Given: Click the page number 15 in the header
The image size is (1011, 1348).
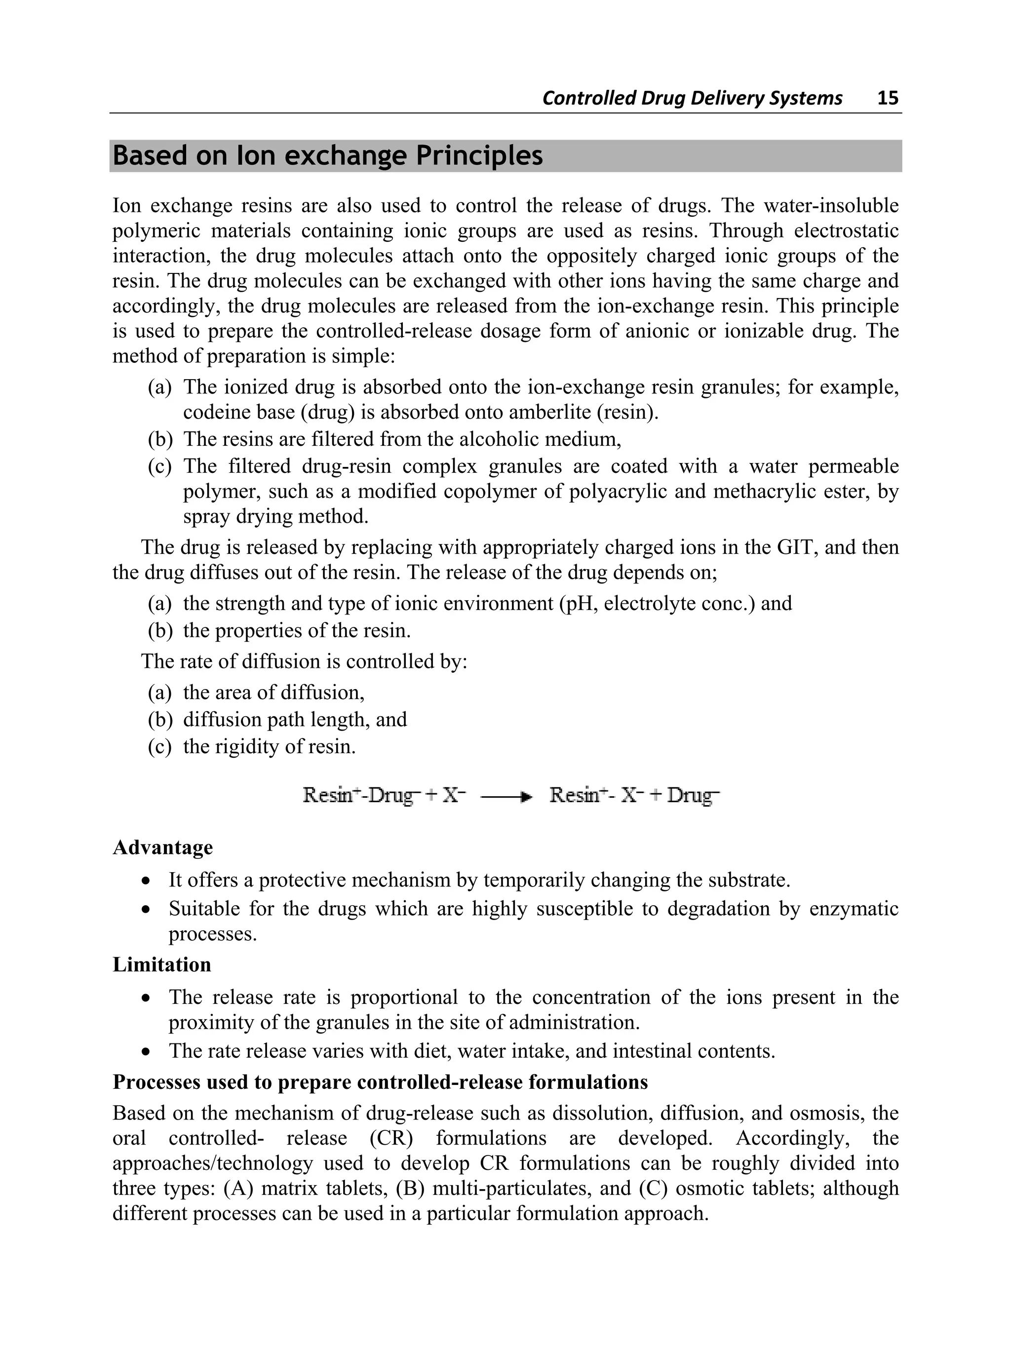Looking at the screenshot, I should (x=887, y=98).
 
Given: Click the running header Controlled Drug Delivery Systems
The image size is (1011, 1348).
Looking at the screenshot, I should (x=692, y=98).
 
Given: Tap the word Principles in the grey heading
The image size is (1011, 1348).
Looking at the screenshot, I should (x=479, y=155).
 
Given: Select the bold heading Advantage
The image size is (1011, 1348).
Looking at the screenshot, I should (x=163, y=847).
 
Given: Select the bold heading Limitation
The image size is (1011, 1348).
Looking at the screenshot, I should (x=161, y=964).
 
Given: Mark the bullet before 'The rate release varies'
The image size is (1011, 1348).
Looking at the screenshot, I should (x=145, y=1052).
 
